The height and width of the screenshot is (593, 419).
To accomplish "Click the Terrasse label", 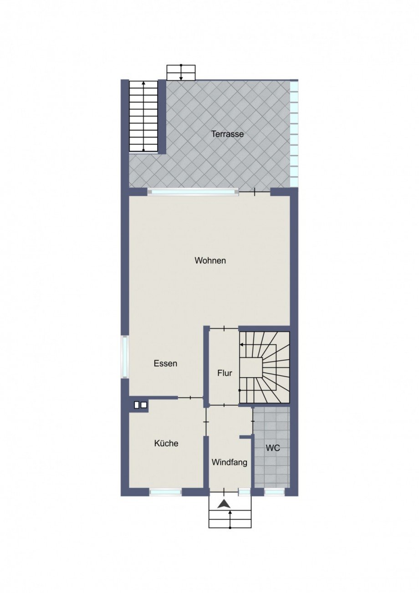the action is [x=227, y=134].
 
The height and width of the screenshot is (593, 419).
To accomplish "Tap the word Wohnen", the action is [x=210, y=261].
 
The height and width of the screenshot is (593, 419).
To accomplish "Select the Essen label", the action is [x=165, y=363].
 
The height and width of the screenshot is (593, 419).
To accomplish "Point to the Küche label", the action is [x=166, y=443].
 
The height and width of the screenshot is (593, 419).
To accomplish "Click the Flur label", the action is [x=225, y=373].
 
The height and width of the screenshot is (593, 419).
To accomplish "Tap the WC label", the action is [x=273, y=449].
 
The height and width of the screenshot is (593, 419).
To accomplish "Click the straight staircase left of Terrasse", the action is [x=143, y=116].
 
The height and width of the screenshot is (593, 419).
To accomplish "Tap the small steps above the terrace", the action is [x=181, y=72].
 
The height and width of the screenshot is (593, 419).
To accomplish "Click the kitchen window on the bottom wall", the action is [x=166, y=492].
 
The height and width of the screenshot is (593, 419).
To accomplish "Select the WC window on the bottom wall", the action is [x=274, y=492].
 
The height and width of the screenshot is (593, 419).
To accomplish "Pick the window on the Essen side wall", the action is [x=125, y=357].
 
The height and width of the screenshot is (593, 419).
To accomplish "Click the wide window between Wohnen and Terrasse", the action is [x=193, y=192].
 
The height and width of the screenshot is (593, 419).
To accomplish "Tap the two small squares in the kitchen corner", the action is [x=141, y=412].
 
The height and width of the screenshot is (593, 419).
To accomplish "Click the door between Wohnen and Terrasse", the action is [x=255, y=192].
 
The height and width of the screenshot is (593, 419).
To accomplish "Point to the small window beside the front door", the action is [x=244, y=492].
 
